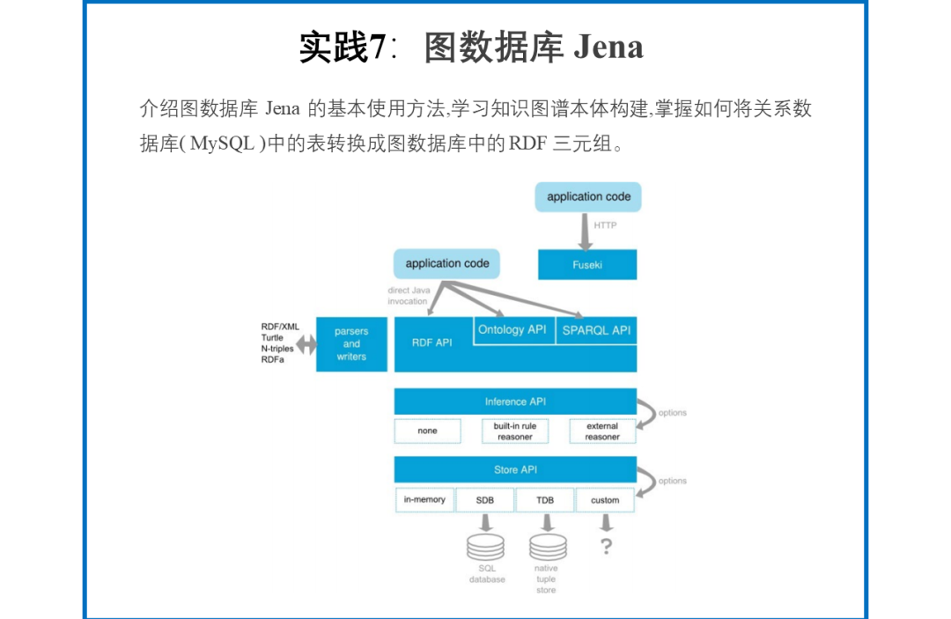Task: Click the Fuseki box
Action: [587, 264]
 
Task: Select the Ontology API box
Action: [512, 330]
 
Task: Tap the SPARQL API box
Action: [596, 330]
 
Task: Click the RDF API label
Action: [431, 343]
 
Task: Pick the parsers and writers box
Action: [351, 344]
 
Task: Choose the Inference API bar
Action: [515, 402]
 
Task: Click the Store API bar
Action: [515, 469]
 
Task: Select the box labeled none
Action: [427, 431]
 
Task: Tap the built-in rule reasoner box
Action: [514, 431]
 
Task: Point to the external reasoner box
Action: [602, 431]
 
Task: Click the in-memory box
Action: [424, 500]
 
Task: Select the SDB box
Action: [484, 500]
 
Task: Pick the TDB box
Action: [545, 500]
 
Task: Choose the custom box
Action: [605, 500]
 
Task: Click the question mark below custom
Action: [606, 547]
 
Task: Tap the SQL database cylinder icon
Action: [485, 547]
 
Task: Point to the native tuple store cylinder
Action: [546, 547]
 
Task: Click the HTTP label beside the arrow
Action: [605, 225]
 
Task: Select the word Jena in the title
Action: [608, 47]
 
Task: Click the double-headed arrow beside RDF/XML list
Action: [306, 344]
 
